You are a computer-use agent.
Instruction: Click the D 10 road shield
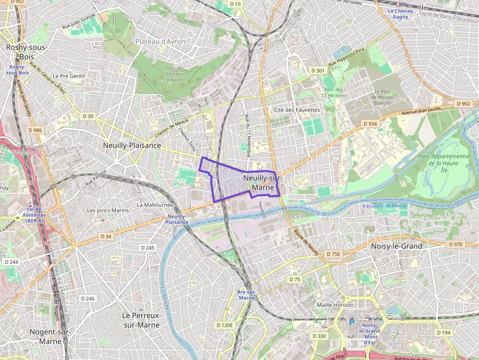(235, 4)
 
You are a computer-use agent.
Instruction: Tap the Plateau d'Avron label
(161, 42)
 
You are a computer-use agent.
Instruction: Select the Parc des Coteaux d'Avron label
(174, 74)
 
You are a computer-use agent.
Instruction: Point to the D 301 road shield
(318, 71)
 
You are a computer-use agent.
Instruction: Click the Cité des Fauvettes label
(297, 110)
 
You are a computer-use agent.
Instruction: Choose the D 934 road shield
(370, 124)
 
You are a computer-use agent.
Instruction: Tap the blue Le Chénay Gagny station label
(400, 14)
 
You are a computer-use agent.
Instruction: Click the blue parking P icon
(351, 323)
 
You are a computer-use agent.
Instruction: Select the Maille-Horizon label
(335, 305)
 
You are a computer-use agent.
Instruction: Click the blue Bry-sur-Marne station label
(247, 295)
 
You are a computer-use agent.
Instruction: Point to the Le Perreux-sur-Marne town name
(142, 320)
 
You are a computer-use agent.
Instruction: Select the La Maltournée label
(155, 205)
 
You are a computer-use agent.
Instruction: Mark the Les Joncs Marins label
(108, 211)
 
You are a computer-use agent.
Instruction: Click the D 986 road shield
(35, 130)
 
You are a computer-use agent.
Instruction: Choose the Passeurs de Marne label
(385, 206)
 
